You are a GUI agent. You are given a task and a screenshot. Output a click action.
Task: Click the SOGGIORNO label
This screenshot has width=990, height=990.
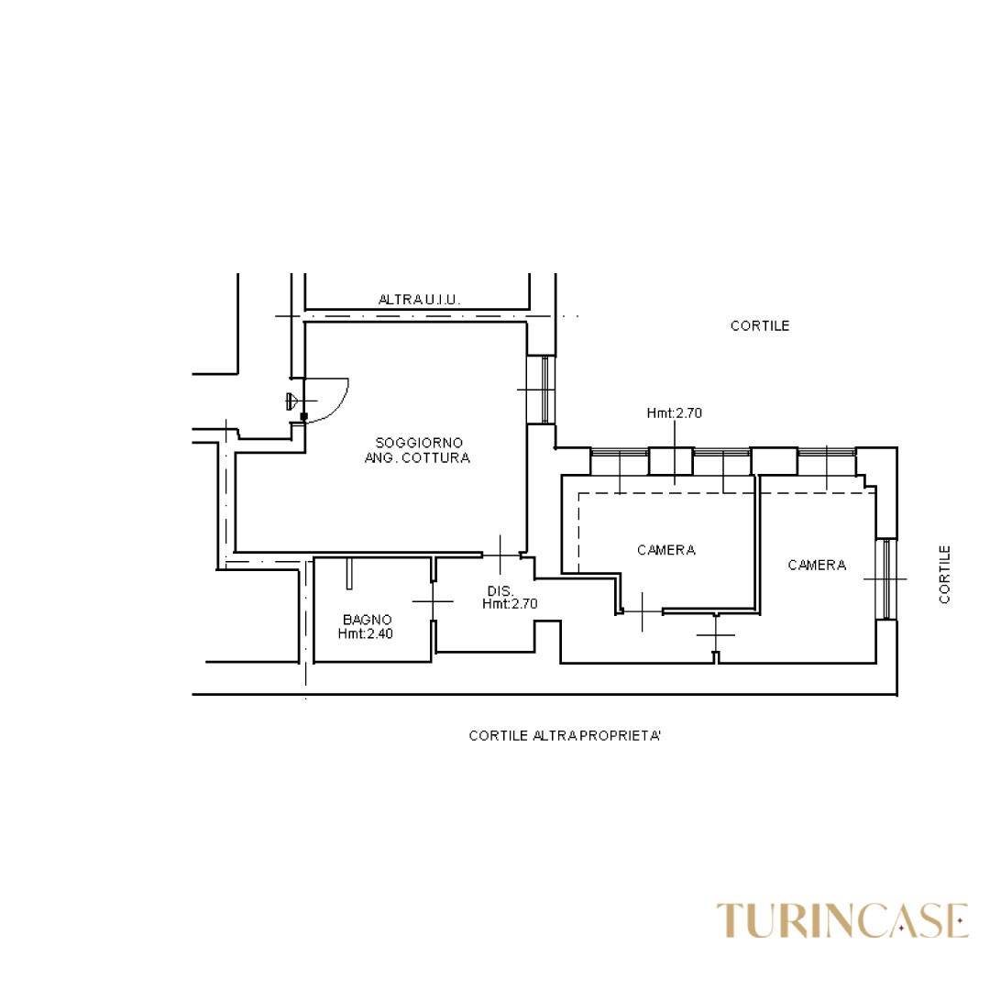[419, 444]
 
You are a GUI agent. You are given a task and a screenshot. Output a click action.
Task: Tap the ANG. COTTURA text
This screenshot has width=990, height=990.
[417, 457]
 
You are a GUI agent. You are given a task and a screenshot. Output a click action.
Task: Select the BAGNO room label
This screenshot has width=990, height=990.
[367, 620]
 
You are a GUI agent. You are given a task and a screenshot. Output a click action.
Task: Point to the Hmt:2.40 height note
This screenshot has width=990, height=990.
[366, 634]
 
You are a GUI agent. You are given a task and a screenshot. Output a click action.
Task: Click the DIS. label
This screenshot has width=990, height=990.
[500, 591]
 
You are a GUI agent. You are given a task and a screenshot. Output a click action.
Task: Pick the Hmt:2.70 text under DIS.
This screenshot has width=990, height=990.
[511, 604]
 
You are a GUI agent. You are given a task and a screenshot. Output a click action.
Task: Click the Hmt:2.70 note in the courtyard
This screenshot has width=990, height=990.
[675, 412]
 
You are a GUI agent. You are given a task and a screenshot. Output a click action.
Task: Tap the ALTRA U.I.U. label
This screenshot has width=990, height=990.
[419, 300]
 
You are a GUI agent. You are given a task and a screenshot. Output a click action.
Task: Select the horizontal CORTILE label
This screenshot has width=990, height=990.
[760, 325]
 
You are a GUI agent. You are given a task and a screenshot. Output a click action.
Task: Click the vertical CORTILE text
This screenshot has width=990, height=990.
[944, 575]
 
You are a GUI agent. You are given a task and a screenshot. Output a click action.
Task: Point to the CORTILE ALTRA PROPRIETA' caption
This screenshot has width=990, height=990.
[565, 735]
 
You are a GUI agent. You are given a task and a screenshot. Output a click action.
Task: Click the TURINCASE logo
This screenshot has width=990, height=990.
[842, 920]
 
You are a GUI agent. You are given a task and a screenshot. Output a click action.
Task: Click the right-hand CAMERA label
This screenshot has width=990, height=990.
[817, 565]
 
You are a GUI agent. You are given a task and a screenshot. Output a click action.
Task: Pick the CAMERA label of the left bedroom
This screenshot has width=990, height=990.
[666, 551]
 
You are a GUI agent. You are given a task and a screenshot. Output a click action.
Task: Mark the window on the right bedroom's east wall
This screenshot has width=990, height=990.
[886, 579]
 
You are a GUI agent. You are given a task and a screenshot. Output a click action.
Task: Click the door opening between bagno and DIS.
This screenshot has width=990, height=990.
[433, 601]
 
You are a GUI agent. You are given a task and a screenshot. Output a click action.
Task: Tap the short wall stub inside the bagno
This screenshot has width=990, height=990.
[349, 573]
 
